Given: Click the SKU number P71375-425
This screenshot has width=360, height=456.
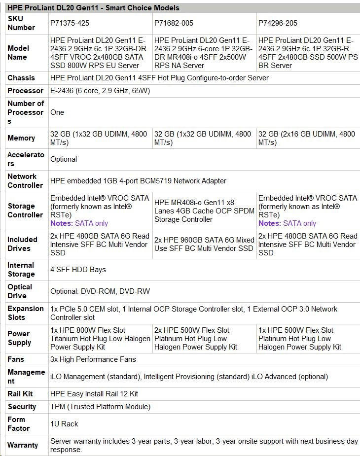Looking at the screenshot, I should [x=70, y=23].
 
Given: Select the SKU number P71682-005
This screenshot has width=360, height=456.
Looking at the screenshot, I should [x=174, y=23].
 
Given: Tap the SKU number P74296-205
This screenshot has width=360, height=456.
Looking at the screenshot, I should [x=278, y=23].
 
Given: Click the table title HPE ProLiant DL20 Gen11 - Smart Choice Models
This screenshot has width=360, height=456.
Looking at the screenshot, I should [x=93, y=7].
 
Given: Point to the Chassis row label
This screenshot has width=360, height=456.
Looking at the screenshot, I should [x=21, y=78].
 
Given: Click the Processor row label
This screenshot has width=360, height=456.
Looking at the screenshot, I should [x=26, y=91].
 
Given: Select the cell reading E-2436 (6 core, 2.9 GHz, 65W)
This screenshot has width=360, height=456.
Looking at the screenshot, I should [x=100, y=91].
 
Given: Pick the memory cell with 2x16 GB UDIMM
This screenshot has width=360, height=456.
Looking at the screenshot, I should [x=306, y=138].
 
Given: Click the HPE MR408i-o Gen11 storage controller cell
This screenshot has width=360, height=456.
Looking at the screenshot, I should [x=204, y=210].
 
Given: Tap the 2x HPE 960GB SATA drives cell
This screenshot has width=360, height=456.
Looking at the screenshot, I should [x=204, y=244].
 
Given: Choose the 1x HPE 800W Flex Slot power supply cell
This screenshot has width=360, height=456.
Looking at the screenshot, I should [x=100, y=339].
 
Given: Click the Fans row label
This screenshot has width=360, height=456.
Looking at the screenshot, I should [x=16, y=359].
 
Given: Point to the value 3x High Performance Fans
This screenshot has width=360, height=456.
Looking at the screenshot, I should [x=93, y=359].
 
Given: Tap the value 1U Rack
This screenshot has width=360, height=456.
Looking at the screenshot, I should [x=64, y=424].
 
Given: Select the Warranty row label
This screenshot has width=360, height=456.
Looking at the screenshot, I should [x=23, y=445].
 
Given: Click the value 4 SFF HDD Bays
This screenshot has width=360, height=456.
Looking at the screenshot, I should [x=78, y=270].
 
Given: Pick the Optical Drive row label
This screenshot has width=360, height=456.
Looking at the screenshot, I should [x=20, y=291].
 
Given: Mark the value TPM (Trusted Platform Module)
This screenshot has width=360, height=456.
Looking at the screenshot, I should [x=100, y=407].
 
